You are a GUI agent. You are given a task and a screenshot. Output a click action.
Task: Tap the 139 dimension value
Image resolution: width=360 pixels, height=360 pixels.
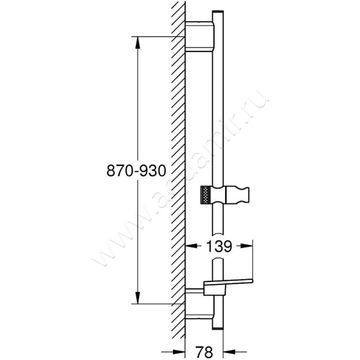click(219, 246)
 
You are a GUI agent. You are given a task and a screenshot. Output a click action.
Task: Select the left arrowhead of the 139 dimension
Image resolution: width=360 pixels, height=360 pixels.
click(190, 246)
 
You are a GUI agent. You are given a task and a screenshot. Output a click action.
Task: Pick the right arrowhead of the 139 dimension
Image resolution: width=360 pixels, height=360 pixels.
click(249, 246)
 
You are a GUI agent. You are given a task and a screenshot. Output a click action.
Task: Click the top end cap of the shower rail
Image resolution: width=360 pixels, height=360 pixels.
click(218, 11)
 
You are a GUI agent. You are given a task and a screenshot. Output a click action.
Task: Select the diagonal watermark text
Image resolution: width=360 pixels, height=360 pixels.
click(180, 180)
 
